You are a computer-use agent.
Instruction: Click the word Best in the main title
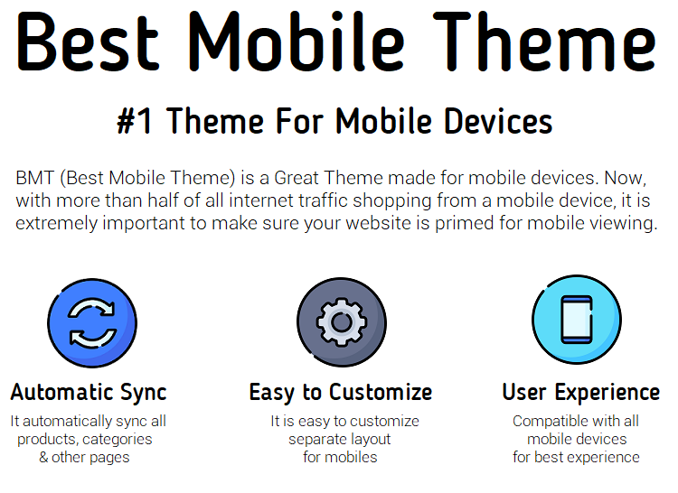(x=88, y=42)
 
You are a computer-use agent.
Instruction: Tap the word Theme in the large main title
(x=545, y=42)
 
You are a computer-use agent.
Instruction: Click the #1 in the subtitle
(x=135, y=121)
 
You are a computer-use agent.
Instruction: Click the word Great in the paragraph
(x=297, y=178)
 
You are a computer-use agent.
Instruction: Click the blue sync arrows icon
(x=92, y=323)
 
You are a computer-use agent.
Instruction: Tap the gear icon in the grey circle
(x=342, y=322)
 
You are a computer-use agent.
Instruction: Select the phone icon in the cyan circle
(x=577, y=320)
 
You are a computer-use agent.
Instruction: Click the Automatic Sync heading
(x=89, y=393)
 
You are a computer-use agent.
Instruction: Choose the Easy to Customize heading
(x=341, y=393)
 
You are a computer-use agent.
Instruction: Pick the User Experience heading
(x=581, y=393)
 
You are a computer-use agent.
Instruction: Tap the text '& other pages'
(x=84, y=457)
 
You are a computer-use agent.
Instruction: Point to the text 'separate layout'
(x=339, y=440)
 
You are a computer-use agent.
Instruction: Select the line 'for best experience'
(x=576, y=457)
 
